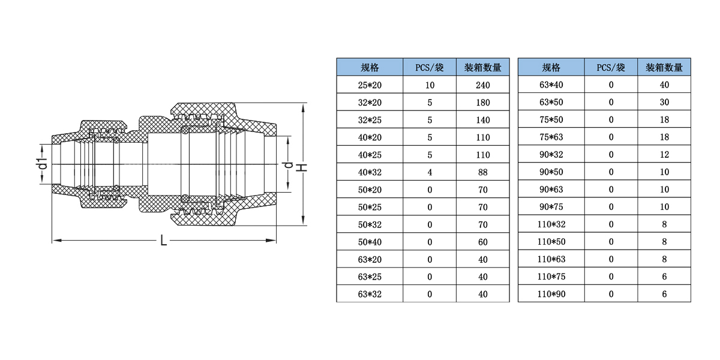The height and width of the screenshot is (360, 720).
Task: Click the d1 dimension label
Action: (41, 163)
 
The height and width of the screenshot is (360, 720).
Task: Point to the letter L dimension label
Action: (163, 241)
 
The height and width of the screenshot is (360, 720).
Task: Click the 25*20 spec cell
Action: (370, 85)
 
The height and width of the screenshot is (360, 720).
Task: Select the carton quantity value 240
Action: (482, 85)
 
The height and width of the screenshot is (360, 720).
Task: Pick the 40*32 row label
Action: (370, 172)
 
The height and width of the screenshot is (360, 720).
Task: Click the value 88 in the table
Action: (482, 172)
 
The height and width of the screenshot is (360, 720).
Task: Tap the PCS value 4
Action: (430, 172)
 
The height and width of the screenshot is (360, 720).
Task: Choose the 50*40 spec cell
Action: (370, 242)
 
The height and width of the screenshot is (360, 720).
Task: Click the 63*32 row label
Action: (370, 295)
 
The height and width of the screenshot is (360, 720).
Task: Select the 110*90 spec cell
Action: (551, 295)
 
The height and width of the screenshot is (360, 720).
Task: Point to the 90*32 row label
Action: (551, 155)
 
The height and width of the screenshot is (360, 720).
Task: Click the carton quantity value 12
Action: (664, 155)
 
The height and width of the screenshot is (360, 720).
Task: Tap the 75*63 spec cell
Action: (551, 137)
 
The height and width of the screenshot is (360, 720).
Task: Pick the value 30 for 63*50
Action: (664, 103)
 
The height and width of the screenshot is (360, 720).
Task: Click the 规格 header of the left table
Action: (370, 67)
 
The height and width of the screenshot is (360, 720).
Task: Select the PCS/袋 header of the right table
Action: (611, 67)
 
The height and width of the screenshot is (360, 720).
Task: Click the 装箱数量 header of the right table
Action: (664, 67)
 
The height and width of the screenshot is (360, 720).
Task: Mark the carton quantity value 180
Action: (482, 103)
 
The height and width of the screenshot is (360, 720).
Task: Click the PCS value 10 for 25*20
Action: (430, 85)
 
